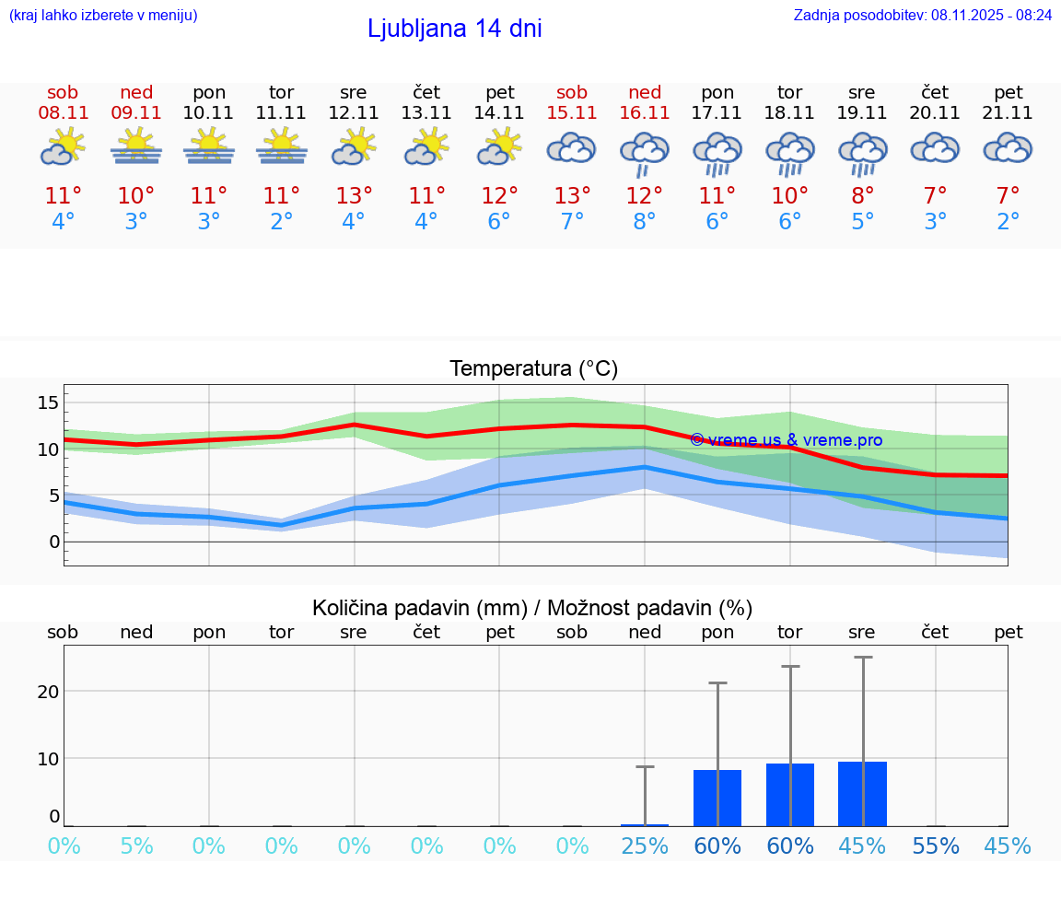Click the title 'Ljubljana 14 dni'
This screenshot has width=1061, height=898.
coord(454,29)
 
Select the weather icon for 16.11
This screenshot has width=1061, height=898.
coord(645,153)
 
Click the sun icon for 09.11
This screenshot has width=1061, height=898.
coord(136,147)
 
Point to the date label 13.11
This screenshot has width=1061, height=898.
coord(426,113)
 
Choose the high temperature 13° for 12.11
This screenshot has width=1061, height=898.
coord(354,196)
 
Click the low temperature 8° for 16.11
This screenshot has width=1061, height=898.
coord(645,222)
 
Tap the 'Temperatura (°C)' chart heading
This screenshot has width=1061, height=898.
coord(533,369)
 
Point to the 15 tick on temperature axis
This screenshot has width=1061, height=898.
coord(48,402)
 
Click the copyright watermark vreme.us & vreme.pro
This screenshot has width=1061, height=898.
coord(786,440)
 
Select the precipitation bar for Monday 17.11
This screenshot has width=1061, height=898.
coord(717,799)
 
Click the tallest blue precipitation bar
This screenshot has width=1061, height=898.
coord(862,794)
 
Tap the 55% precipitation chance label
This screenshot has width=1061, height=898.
coord(936,846)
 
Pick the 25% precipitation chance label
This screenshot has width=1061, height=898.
coord(645,846)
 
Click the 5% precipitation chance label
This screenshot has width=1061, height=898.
coord(136,846)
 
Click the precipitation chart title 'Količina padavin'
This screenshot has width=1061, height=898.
coord(532,608)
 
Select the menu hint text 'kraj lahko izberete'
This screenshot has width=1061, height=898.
coord(102,15)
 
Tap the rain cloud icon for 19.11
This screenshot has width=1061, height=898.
coord(863,153)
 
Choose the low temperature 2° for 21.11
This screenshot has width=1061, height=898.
coord(1009,222)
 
